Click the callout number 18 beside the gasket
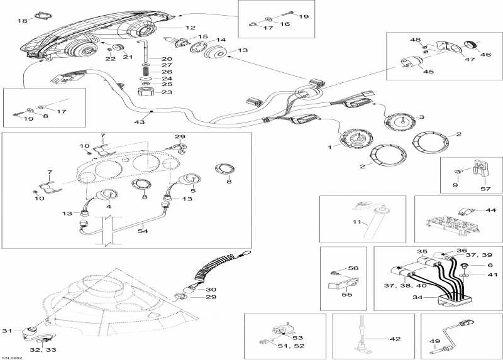coord(22,21)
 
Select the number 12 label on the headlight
coord(191,28)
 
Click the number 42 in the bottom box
coord(395,339)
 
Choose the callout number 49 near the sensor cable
coord(434,342)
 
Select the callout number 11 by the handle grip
coord(356,222)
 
